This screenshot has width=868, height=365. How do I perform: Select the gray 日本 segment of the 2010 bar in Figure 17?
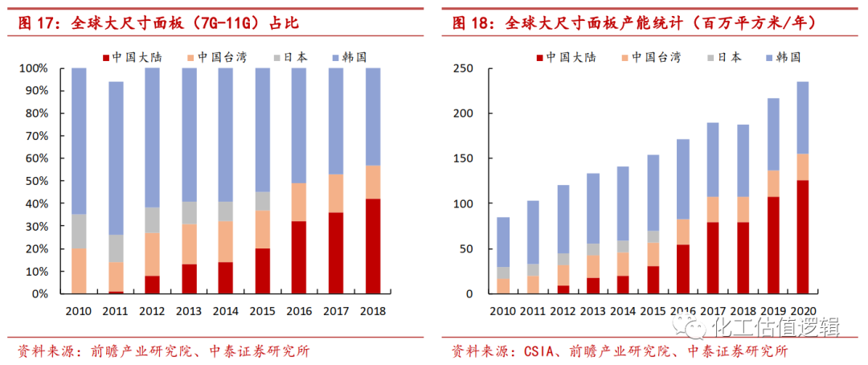coord(79,232)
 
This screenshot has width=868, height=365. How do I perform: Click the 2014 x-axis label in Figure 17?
coord(227,310)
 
